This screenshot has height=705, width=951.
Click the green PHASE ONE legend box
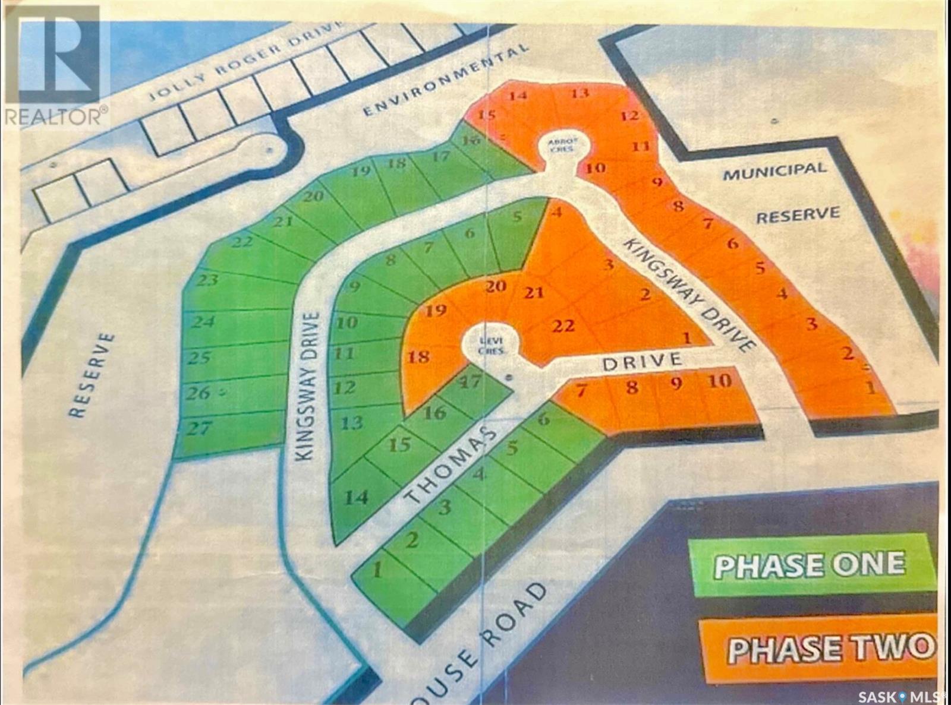811,564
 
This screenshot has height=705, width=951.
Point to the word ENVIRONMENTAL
446,80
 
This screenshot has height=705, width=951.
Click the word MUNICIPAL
774,171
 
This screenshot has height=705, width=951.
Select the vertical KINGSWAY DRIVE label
309,386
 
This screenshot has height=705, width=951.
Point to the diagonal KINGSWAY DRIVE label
689,295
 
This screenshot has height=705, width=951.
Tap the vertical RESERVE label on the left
92,374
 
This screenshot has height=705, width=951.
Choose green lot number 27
199,428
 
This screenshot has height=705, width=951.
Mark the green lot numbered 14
356,497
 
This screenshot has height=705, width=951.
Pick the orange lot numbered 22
563,325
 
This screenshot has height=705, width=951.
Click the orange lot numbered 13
580,93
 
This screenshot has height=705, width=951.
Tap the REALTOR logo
56,65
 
